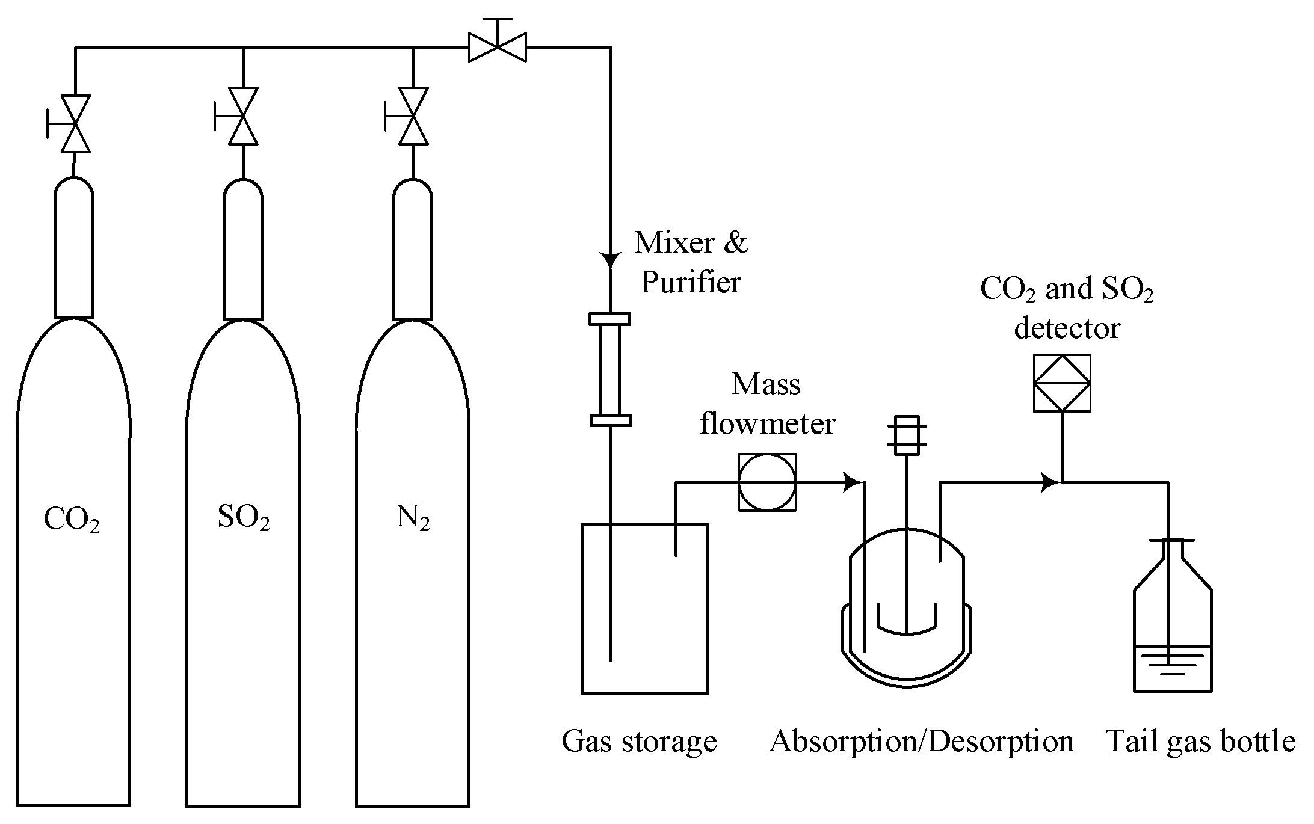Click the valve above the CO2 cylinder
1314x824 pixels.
76,123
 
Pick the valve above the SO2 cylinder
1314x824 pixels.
243,116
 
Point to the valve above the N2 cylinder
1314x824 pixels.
413,116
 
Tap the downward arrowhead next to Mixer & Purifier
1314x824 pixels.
611,261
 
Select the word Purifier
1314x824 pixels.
690,282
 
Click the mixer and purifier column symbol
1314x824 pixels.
610,369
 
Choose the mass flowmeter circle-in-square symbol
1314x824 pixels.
767,482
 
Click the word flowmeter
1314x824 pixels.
767,423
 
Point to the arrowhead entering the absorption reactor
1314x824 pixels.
854,482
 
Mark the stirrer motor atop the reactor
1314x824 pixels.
907,435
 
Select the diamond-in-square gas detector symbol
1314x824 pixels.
1062,383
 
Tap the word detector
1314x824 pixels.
1067,328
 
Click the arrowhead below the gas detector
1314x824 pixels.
1050,482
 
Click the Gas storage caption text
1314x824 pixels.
639,742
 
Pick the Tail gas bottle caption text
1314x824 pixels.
1200,742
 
